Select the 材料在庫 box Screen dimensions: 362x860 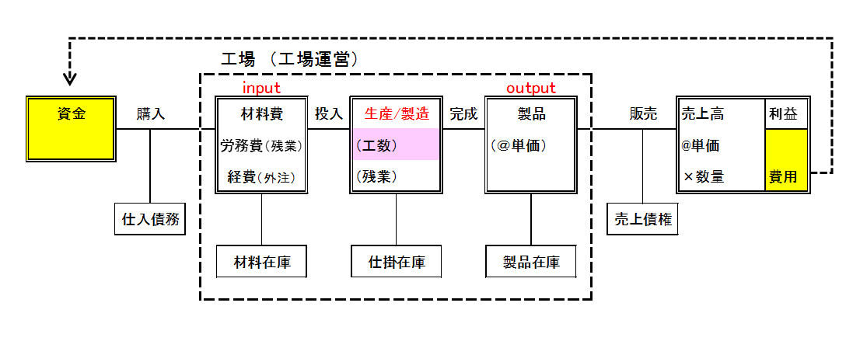tap(261, 262)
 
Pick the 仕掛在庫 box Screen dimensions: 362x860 tap(397, 262)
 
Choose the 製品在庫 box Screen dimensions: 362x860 tap(531, 262)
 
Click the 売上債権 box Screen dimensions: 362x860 tap(642, 220)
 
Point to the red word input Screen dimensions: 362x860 tap(261, 88)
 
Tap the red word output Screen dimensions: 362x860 tap(531, 88)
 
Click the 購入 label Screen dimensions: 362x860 tap(151, 114)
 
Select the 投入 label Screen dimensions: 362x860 tap(329, 114)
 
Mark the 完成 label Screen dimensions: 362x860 tap(464, 114)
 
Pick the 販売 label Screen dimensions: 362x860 tap(643, 114)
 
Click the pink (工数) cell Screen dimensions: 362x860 tap(397, 145)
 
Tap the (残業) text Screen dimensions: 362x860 tap(376, 176)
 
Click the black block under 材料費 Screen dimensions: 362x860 tap(261, 145)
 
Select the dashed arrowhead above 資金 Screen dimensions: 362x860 tap(70, 78)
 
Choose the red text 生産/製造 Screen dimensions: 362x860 tap(397, 114)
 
